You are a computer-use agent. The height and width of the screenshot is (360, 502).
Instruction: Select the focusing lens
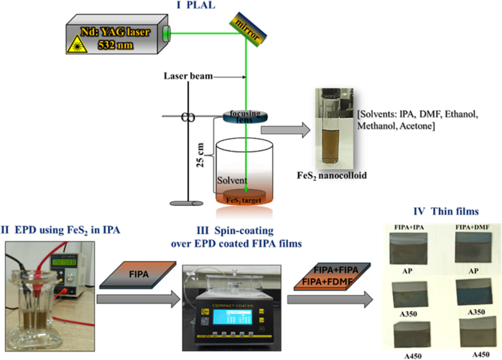(x=246, y=117)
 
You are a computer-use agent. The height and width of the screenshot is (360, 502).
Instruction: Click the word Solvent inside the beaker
(x=232, y=180)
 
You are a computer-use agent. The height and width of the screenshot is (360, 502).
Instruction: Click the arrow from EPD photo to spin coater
(x=138, y=299)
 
